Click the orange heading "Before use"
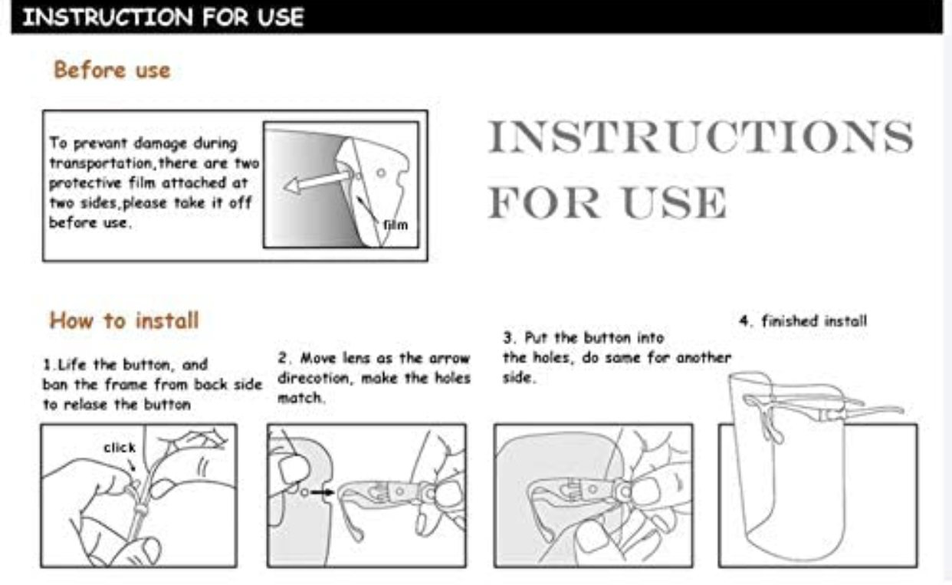112,70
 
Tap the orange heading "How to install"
123,320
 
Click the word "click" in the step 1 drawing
120,447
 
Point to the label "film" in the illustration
396,225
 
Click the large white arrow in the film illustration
317,181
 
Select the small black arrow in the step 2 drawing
323,492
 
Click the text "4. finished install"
803,320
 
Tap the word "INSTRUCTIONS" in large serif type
701,136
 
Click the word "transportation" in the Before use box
100,163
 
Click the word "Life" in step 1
71,364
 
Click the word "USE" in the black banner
281,18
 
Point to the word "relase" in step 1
85,404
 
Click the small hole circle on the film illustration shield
381,173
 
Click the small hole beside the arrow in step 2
304,492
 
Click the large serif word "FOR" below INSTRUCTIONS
544,202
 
